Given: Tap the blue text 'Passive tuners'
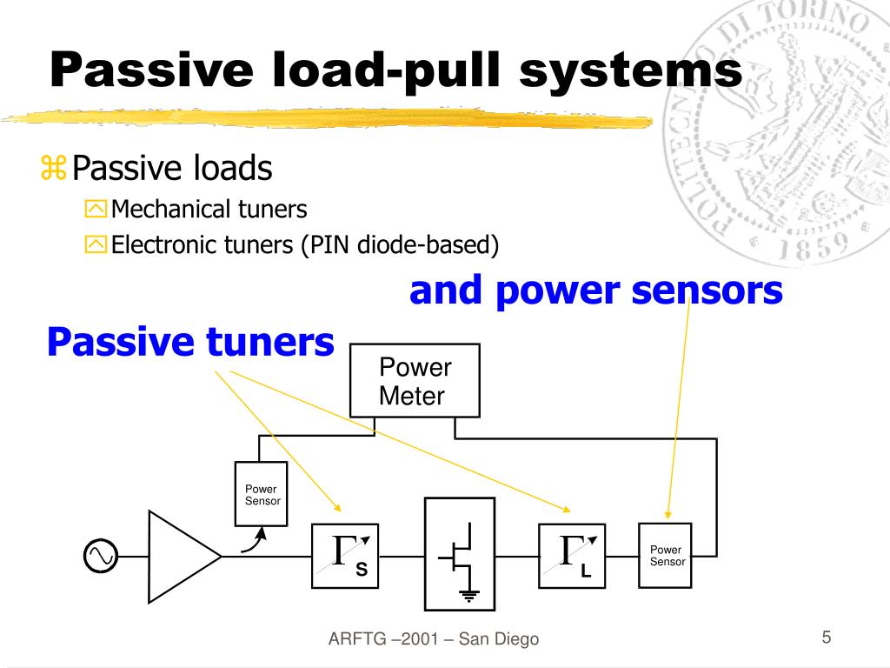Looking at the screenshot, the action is pos(190,342).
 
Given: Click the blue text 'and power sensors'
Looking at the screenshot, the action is pos(596,291).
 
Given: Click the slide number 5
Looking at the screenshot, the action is pos(827,637).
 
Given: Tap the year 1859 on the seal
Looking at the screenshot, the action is pos(813,245).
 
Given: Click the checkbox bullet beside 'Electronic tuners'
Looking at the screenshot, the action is pos(96,244).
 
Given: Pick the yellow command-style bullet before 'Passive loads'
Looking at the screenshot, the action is pos(53,168).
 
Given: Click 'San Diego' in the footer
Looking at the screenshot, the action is pos(499,638).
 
